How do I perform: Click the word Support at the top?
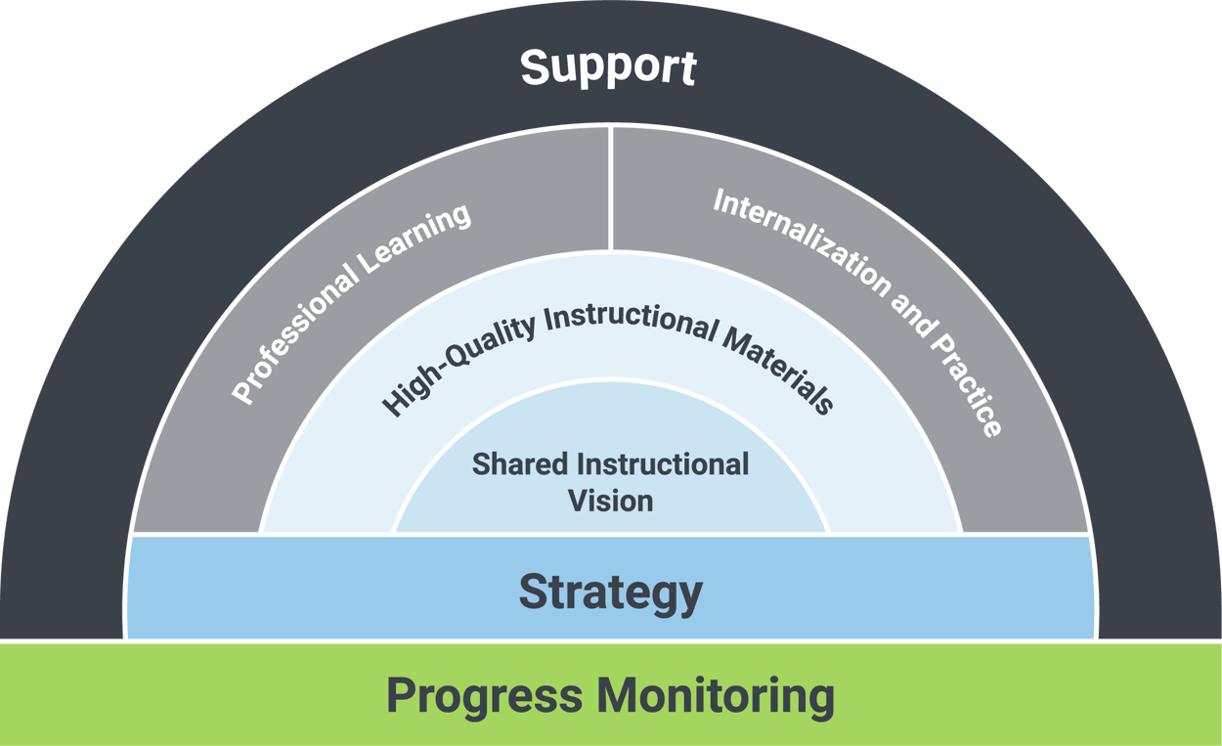pos(608,67)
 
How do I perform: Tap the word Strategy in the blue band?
pos(610,592)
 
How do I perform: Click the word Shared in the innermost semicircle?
pos(517,463)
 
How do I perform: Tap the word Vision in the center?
pos(610,501)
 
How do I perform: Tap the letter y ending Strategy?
pos(689,596)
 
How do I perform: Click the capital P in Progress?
pos(401,696)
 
